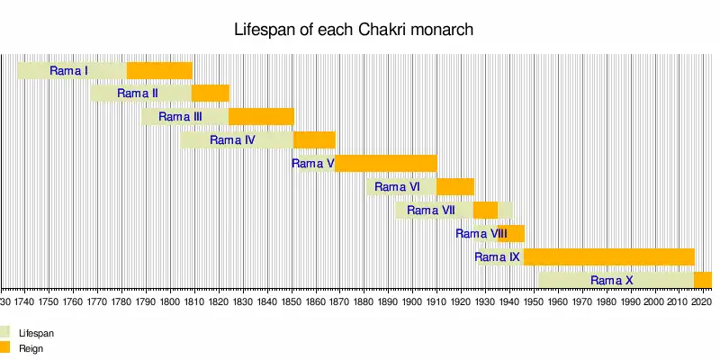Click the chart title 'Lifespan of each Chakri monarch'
click(x=354, y=30)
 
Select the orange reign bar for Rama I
click(x=159, y=70)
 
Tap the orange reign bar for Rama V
click(x=386, y=163)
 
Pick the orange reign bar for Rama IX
click(x=608, y=256)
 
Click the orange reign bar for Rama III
click(x=261, y=116)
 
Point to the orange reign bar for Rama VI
click(x=455, y=186)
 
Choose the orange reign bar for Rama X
click(x=703, y=280)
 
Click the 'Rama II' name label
click(x=138, y=94)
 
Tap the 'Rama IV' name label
click(x=232, y=140)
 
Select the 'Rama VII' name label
click(x=430, y=211)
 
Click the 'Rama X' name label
click(x=611, y=281)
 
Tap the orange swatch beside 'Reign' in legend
click(x=4, y=346)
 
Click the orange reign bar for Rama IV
click(x=314, y=139)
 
